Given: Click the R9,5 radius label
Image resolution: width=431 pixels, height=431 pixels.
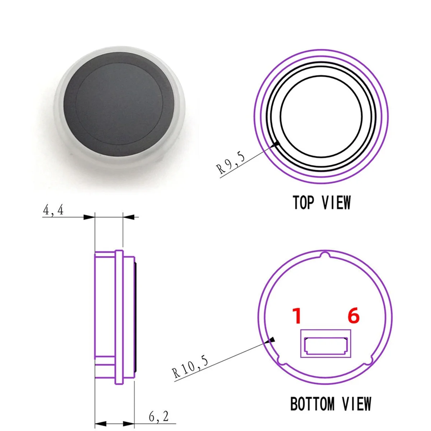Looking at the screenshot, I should (231, 163).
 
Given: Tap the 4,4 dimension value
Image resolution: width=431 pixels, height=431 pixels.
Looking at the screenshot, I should (53, 210).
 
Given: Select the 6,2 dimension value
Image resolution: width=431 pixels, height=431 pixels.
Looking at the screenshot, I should (158, 417).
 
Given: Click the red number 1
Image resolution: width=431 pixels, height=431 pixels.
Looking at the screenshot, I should (296, 316).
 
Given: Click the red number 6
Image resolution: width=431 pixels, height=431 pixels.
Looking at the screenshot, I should (353, 316).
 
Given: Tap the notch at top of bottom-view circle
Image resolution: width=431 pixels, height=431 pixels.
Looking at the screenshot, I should (325, 255).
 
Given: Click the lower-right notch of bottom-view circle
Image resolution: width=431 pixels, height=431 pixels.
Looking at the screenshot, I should (371, 361).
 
